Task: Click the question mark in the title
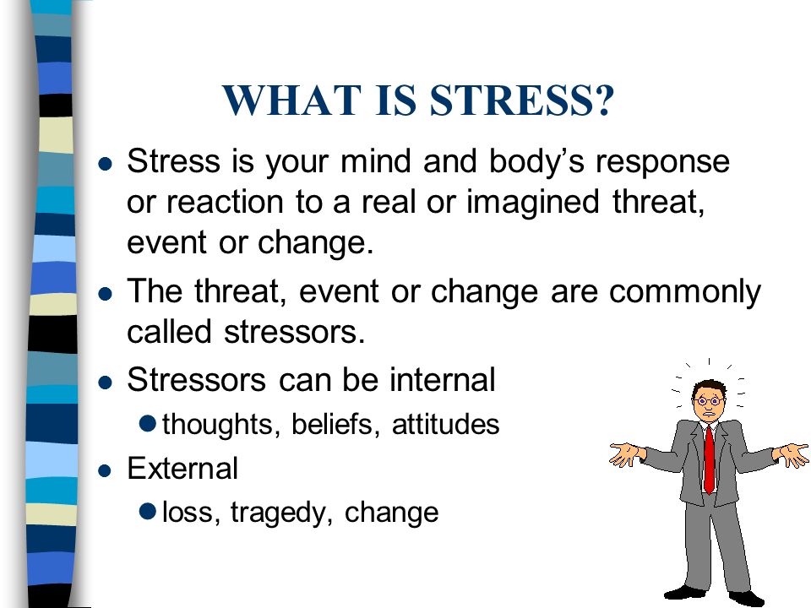click(x=603, y=100)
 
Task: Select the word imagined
click(x=533, y=204)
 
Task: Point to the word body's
click(x=536, y=162)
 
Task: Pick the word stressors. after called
click(x=295, y=332)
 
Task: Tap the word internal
click(x=443, y=379)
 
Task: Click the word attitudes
click(x=446, y=425)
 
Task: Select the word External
click(x=182, y=469)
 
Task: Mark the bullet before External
click(x=105, y=470)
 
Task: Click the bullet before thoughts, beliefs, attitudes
click(x=148, y=423)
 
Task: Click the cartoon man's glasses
click(x=709, y=400)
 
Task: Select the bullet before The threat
click(x=105, y=294)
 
